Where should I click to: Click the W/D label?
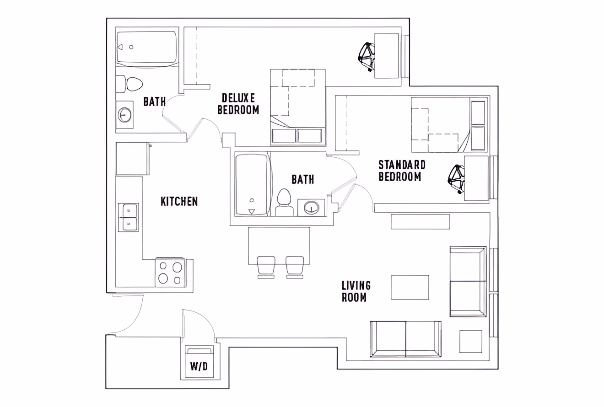click(199, 366)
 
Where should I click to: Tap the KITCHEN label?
click(179, 201)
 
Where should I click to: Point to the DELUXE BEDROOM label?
click(238, 104)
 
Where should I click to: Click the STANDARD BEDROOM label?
click(402, 171)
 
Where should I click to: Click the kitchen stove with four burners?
click(170, 273)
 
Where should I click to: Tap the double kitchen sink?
click(129, 217)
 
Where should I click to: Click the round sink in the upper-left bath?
click(124, 114)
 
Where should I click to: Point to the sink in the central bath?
click(311, 208)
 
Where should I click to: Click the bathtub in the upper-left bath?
click(146, 47)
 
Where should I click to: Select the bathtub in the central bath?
click(252, 184)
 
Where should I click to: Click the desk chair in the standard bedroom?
click(456, 179)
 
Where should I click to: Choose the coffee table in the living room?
click(410, 287)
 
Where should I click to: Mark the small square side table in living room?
click(471, 342)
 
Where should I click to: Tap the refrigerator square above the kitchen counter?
click(132, 159)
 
